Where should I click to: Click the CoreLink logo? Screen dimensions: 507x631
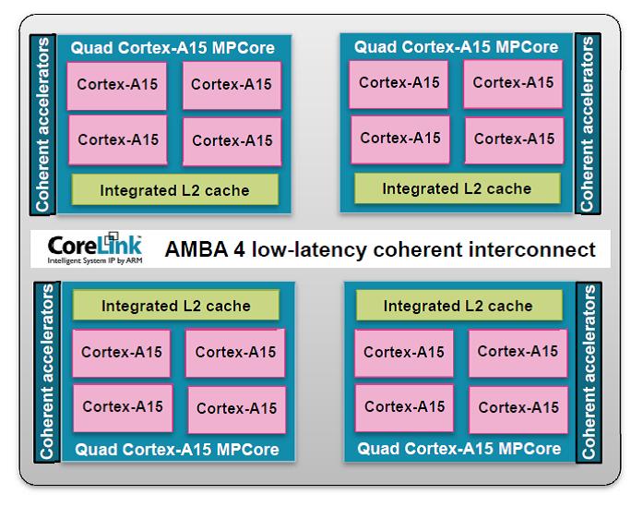pyautogui.click(x=95, y=245)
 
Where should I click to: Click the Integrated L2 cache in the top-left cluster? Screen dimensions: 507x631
pyautogui.click(x=174, y=190)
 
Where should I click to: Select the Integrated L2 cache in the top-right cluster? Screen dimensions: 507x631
pyautogui.click(x=457, y=188)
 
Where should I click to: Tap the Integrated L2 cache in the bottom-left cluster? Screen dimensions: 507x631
pyautogui.click(x=175, y=306)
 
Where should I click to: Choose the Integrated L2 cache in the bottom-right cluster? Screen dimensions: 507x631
pyautogui.click(x=458, y=306)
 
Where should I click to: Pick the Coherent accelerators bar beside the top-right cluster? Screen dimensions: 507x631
pyautogui.click(x=588, y=124)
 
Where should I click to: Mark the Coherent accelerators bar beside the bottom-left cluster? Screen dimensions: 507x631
pyautogui.click(x=48, y=372)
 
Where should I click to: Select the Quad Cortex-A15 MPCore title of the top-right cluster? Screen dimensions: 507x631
pyautogui.click(x=456, y=46)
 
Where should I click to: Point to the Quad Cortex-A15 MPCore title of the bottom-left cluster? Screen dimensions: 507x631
pyautogui.click(x=176, y=450)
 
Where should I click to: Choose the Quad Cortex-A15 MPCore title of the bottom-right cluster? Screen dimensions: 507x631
pyautogui.click(x=458, y=449)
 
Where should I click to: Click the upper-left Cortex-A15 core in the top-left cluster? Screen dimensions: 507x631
pyautogui.click(x=117, y=85)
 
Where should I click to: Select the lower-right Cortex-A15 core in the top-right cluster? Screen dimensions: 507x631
pyautogui.click(x=514, y=139)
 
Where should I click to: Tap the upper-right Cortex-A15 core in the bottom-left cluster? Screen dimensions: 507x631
pyautogui.click(x=235, y=352)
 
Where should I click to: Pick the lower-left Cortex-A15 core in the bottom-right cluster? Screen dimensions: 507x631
pyautogui.click(x=404, y=407)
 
